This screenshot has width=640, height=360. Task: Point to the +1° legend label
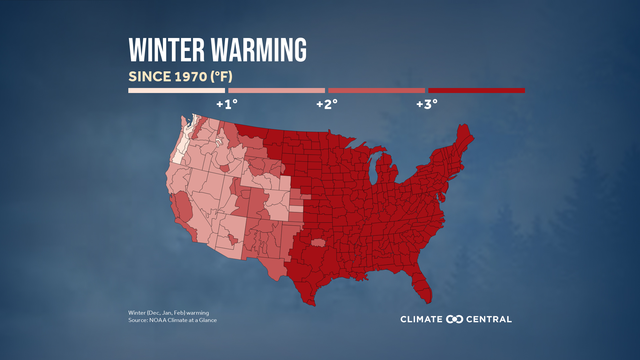tap(226, 103)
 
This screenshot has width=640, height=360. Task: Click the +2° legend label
tap(326, 103)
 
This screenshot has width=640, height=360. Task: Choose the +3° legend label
tap(426, 103)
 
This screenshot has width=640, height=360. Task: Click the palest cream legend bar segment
tap(177, 91)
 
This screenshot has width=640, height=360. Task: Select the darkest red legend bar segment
tap(476, 91)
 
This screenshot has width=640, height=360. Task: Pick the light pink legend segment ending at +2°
tap(277, 91)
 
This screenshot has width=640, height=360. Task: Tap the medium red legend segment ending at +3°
tap(377, 91)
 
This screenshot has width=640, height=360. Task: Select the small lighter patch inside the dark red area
tap(319, 242)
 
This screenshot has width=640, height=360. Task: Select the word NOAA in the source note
tap(155, 320)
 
